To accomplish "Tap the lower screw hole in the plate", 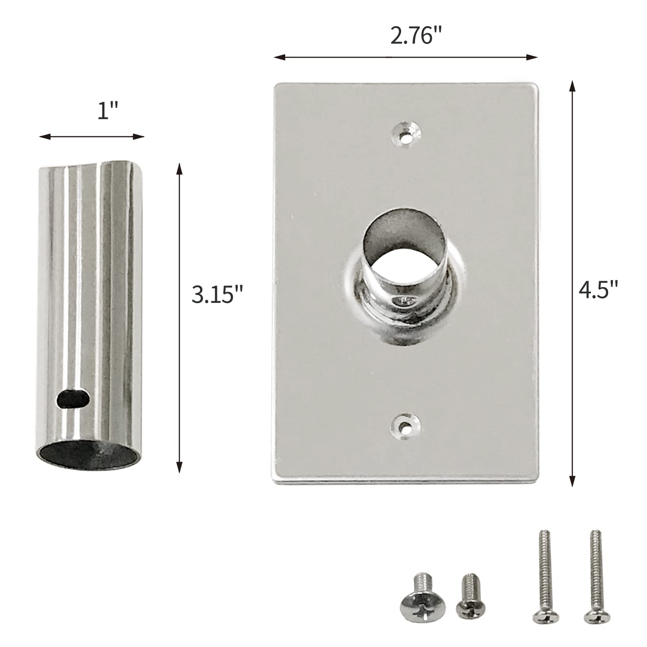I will pos(405,428).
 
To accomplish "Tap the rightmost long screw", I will pos(594,569).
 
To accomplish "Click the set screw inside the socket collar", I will pos(404,301).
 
